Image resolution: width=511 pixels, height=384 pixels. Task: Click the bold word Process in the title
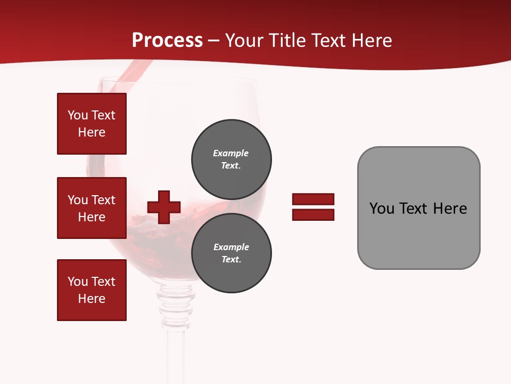coord(167,41)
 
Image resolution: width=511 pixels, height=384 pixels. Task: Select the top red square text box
coord(92,124)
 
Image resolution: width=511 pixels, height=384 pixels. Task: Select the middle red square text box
coord(92,208)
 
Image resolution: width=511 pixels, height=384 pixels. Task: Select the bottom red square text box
coord(92,290)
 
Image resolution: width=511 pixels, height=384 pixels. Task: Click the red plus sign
coord(164,207)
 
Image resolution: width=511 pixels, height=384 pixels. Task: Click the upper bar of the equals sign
coord(313,199)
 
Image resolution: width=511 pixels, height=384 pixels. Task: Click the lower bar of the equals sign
coord(313,214)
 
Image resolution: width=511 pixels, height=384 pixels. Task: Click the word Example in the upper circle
coord(230,153)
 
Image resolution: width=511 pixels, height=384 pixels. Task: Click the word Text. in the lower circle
coord(231,260)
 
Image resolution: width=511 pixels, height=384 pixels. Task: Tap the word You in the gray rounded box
coord(381,209)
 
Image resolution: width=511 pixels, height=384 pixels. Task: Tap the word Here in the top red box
coord(92,132)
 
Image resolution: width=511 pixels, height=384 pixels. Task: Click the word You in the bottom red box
coord(78,282)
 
